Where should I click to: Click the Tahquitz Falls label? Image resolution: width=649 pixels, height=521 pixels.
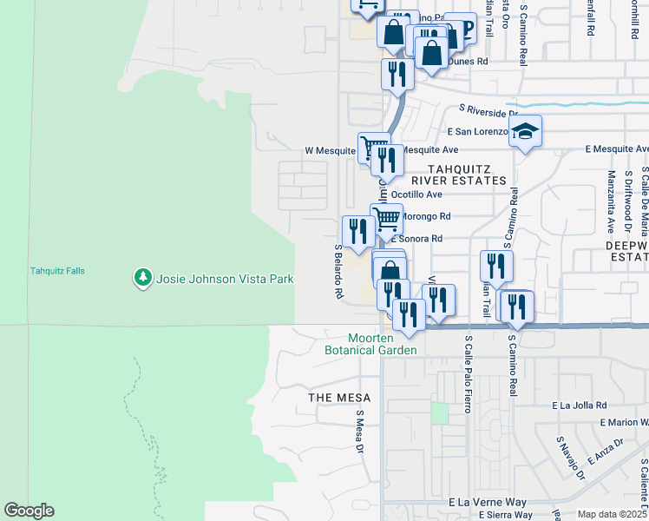pos(57,271)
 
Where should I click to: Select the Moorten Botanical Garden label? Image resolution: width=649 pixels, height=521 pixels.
pos(370,344)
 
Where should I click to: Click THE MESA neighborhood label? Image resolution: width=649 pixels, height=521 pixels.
pos(339,397)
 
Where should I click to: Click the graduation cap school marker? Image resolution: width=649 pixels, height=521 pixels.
pos(525,131)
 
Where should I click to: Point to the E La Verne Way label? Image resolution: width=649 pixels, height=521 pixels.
pos(488,503)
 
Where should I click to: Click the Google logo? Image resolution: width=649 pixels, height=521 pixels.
pos(29,511)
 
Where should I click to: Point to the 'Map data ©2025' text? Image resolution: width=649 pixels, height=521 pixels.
pos(612,514)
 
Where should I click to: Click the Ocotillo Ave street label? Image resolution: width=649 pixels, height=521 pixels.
pos(417,195)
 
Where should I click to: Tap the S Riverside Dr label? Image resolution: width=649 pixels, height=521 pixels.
pos(488,111)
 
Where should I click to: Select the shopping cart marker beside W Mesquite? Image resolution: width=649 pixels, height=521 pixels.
pos(373,146)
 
